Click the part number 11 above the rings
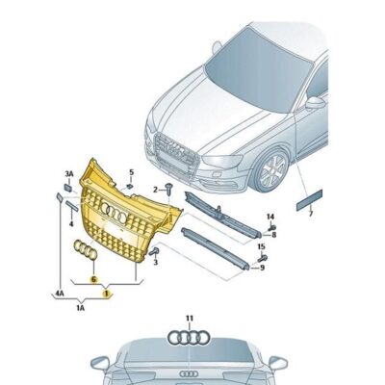coord(190,317)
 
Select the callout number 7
coord(311,214)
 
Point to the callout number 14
coord(270,217)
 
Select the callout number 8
coord(274,233)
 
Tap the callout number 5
coord(131,173)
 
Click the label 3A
coord(68,173)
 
